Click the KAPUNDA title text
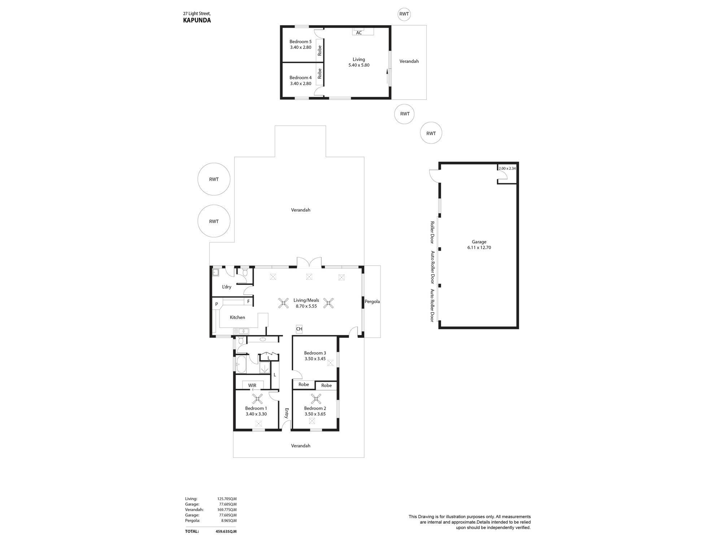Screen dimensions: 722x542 point(197,20)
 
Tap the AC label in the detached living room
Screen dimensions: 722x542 point(359,33)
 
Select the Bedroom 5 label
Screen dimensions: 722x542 point(300,42)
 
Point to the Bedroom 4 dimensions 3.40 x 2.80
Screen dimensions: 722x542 point(300,83)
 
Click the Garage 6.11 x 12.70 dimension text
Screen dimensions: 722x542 point(479,248)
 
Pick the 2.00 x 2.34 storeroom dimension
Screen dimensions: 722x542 point(507,168)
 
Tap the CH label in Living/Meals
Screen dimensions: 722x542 point(299,329)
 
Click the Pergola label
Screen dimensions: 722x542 point(372,301)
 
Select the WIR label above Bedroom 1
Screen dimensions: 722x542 point(252,386)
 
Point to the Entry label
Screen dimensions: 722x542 point(287,413)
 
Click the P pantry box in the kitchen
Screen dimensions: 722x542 point(217,304)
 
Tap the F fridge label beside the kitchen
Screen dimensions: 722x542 point(248,301)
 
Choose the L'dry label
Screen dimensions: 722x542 point(226,287)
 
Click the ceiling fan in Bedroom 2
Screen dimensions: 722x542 point(316,399)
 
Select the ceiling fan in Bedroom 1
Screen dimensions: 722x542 point(257,399)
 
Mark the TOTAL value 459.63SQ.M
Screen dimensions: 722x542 point(226,532)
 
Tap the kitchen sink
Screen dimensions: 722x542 point(241,331)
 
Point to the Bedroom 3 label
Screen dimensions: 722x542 point(315,353)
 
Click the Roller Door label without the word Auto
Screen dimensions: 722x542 point(432,232)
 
